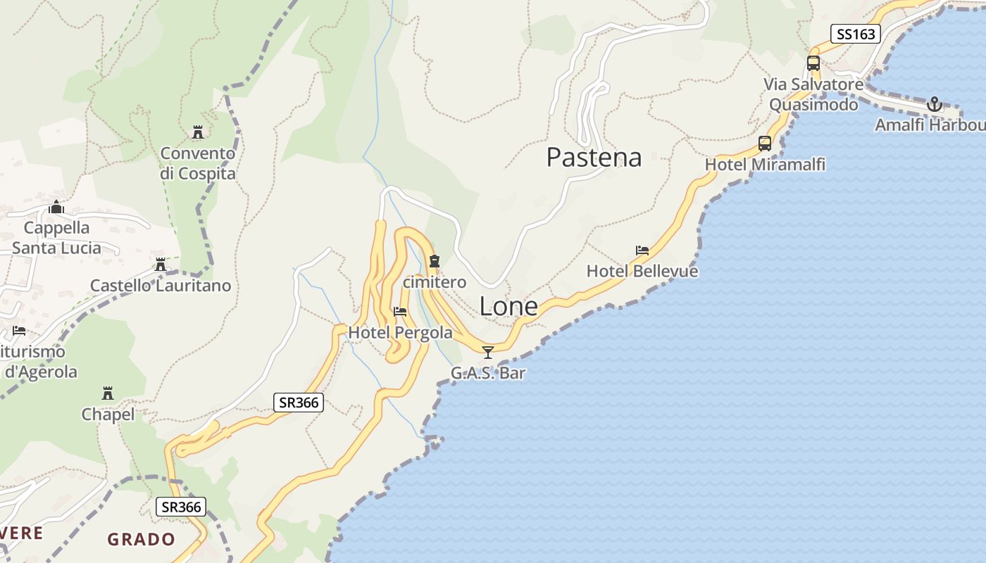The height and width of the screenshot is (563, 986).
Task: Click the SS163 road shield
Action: pos(855,34)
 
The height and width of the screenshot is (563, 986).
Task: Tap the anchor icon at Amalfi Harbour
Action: pos(934,105)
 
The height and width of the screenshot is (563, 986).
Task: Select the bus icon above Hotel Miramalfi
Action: pos(765,144)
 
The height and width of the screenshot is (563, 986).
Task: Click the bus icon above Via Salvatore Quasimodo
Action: pos(813,63)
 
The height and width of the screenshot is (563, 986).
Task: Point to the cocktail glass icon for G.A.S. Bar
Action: pos(487,352)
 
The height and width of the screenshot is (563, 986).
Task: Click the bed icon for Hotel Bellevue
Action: pos(642,250)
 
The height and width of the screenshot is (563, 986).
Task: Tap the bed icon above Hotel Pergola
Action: pos(400,311)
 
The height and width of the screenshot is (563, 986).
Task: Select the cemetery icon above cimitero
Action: pos(434,261)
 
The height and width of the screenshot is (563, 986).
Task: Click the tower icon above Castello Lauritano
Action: pos(161,265)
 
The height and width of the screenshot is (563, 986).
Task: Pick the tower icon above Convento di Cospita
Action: pos(197,132)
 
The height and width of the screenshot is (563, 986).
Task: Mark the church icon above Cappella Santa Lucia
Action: pos(56,207)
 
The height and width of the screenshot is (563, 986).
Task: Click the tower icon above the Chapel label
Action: pos(108,393)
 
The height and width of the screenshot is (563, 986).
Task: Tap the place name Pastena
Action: pos(594,157)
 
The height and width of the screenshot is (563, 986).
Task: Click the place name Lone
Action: pos(508,306)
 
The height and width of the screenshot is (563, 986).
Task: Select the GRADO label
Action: pos(141,540)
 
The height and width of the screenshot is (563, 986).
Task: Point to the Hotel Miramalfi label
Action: pos(765,164)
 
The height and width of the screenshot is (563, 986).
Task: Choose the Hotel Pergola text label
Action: pos(400,331)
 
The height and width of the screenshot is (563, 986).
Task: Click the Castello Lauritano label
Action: pos(161,285)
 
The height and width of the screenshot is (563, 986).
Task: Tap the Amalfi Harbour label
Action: pos(930,125)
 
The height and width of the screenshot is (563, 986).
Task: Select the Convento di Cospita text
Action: pos(198,163)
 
